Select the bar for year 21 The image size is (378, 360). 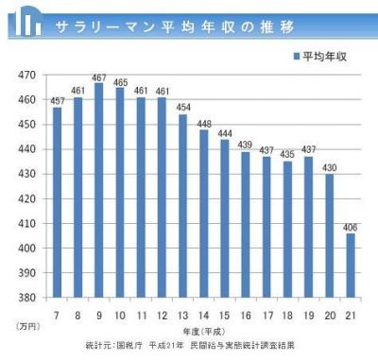pos(351,266)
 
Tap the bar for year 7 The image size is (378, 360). pos(57,202)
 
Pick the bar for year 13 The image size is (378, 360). pos(182,206)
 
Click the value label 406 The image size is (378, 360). pos(352,227)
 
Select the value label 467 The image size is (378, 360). pos(98,77)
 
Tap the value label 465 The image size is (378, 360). pos(120,82)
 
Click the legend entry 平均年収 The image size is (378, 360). pos(320,56)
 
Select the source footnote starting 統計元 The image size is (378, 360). pos(189,346)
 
